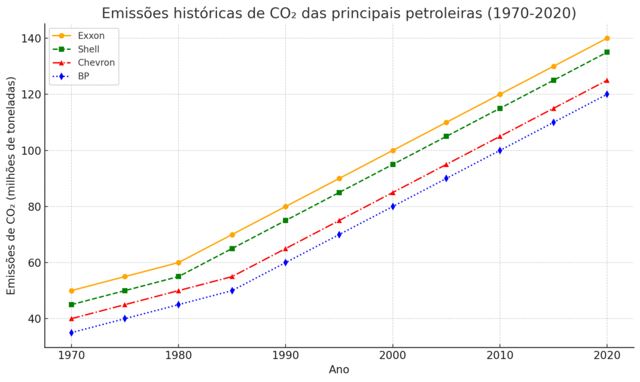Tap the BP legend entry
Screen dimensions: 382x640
click(x=84, y=76)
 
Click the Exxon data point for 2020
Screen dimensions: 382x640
click(x=607, y=38)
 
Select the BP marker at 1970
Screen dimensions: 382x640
click(x=71, y=333)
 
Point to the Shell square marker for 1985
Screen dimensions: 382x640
click(x=232, y=248)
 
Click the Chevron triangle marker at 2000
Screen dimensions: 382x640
click(x=392, y=193)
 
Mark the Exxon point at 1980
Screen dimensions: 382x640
click(x=178, y=263)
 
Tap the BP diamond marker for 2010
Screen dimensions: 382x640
click(x=500, y=150)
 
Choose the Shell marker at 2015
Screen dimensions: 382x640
click(x=553, y=80)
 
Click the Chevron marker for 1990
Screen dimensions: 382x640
click(x=286, y=248)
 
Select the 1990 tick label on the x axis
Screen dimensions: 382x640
click(x=286, y=356)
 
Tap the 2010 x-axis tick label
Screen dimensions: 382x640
click(x=500, y=356)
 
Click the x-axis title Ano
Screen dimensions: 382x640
click(x=339, y=369)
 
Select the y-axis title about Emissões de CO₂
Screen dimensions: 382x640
click(x=11, y=186)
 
